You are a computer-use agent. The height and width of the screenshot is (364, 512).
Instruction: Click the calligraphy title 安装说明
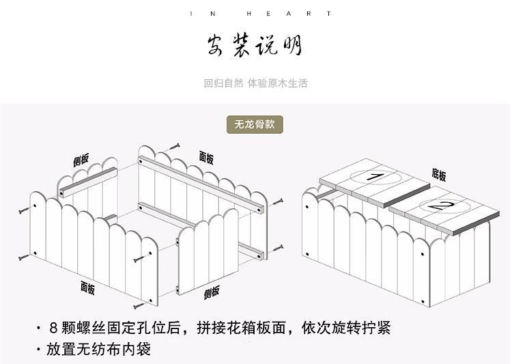coord(255,46)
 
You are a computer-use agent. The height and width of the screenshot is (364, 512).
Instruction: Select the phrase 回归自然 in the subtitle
coord(223,84)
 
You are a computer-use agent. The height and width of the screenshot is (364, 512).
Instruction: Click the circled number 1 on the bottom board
coord(373,177)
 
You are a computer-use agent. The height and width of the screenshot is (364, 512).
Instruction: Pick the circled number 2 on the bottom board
coord(440,204)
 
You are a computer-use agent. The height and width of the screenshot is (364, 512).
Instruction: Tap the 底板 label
coord(439,175)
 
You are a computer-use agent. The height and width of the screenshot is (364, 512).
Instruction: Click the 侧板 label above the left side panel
coord(81,161)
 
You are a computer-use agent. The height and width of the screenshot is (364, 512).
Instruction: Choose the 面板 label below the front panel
coord(88,288)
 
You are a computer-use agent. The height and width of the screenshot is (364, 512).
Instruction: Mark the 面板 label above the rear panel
coord(206,158)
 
